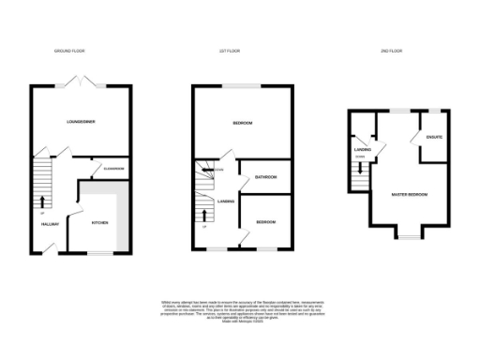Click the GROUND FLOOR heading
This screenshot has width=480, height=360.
(x=71, y=52)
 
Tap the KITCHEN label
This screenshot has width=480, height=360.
(x=100, y=223)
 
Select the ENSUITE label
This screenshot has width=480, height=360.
(x=433, y=139)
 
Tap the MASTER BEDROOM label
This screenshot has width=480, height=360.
(x=410, y=194)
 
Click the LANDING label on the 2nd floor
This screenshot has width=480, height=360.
(x=363, y=148)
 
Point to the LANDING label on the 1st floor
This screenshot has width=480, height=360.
(x=226, y=201)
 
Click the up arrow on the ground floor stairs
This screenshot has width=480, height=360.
(x=41, y=200)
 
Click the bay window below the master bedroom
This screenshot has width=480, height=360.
(x=410, y=234)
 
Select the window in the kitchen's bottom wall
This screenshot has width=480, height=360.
(x=99, y=252)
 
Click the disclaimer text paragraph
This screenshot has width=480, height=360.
(x=240, y=312)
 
